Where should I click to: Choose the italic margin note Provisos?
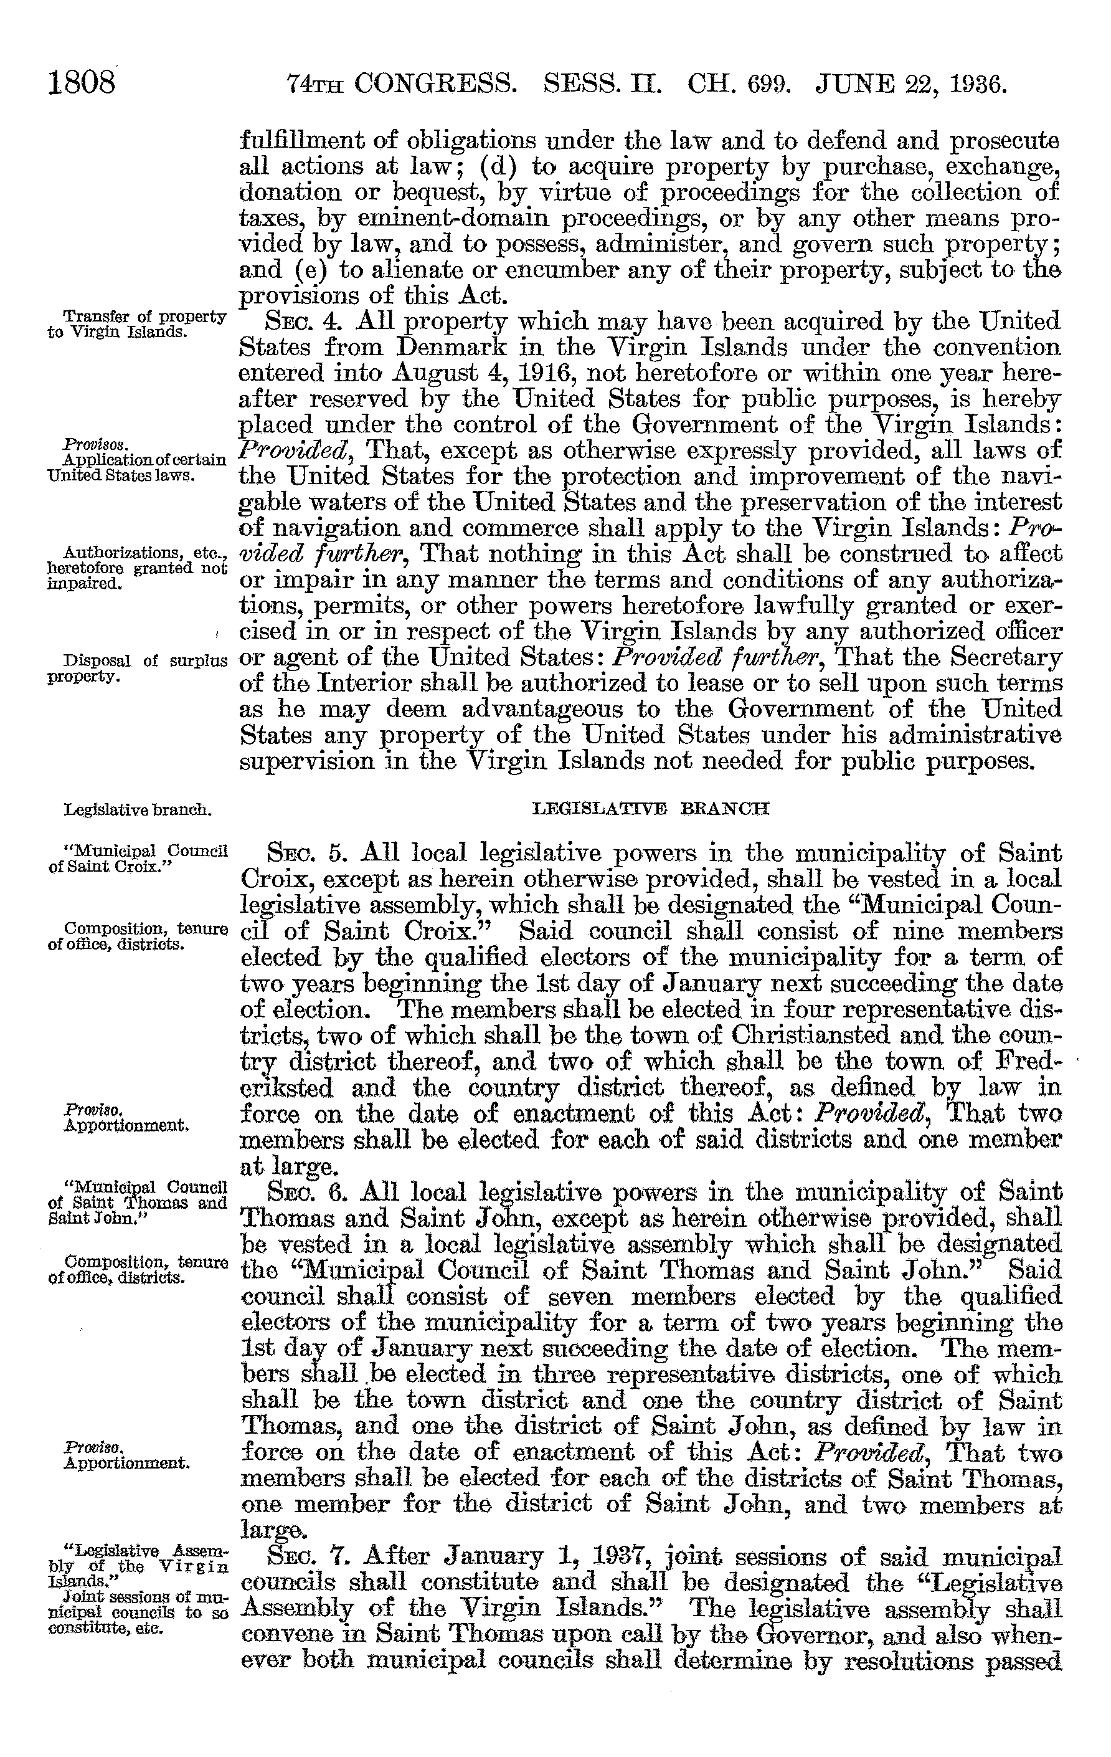pyautogui.click(x=86, y=444)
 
